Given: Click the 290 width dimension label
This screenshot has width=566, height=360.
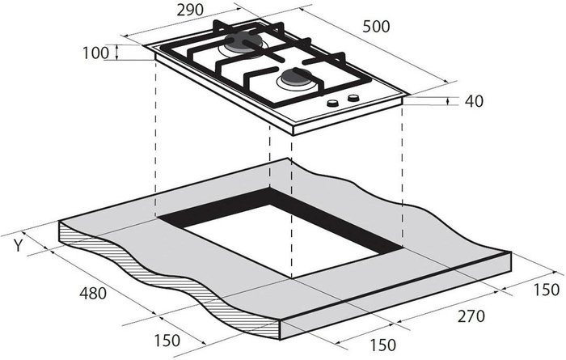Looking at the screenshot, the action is pyautogui.click(x=190, y=10).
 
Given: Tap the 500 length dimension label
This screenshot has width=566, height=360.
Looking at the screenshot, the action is pyautogui.click(x=376, y=27).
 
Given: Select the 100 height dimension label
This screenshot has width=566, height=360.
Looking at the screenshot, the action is pyautogui.click(x=95, y=53).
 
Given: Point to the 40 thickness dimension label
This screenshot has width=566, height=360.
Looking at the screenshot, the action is pyautogui.click(x=474, y=101).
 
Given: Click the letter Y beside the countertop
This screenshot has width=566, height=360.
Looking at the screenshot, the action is pyautogui.click(x=18, y=246).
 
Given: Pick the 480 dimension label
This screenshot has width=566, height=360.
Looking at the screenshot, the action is pyautogui.click(x=93, y=293).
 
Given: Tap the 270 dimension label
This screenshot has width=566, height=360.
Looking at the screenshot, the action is pyautogui.click(x=471, y=316).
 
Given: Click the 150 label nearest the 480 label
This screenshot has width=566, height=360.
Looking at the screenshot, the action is pyautogui.click(x=167, y=341).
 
